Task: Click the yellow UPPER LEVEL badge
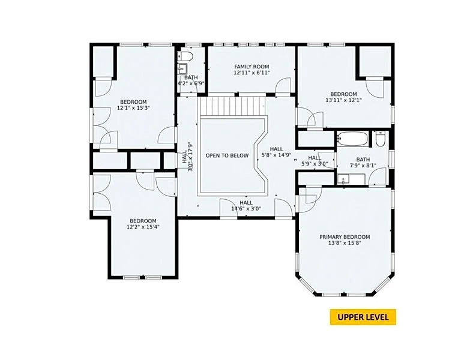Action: [363, 317]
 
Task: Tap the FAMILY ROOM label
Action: [252, 67]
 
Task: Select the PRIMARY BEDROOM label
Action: [345, 237]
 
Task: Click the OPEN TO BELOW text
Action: [227, 155]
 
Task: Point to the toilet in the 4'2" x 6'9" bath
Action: [185, 56]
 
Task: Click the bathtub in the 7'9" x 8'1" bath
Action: [352, 139]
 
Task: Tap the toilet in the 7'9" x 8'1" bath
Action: [381, 139]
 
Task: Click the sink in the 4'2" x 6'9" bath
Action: [182, 68]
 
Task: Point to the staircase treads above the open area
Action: [232, 106]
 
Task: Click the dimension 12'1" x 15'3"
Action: [133, 108]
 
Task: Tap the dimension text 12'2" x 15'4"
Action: [143, 227]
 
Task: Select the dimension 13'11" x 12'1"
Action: [344, 100]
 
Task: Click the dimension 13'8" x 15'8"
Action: [345, 243]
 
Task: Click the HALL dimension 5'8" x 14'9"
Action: [276, 155]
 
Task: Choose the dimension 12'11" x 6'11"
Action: [252, 73]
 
